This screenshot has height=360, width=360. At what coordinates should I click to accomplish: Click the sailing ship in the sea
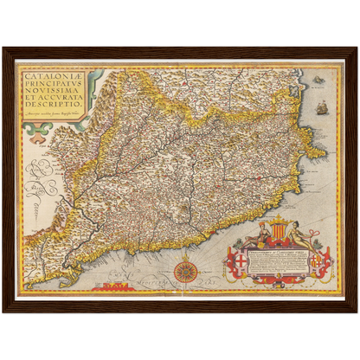point(323,107)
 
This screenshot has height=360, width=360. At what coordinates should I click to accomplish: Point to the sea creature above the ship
point(319,80)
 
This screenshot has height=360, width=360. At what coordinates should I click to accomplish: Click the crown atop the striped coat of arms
point(278,220)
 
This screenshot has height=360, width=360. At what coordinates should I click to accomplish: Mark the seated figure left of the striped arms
point(257,235)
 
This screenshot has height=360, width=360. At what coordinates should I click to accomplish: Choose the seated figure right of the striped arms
point(299,234)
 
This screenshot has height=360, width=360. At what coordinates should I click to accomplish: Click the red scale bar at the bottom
point(113,286)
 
